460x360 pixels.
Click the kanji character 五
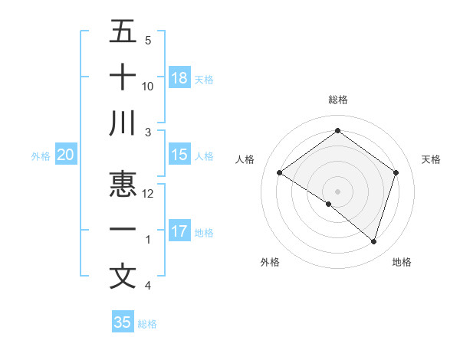coord(123,31)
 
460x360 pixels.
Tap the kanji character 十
coord(123,77)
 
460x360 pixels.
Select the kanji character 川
coord(123,123)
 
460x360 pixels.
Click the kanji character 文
coord(123,276)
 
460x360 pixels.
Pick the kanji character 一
coord(123,231)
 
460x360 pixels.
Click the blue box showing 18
coord(179,78)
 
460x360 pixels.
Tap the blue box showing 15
coord(179,155)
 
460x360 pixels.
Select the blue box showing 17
coord(179,231)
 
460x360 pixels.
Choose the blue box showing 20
coord(65,155)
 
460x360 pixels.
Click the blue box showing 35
coord(123,322)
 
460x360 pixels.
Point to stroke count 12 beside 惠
coord(148,194)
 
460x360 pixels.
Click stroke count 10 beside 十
coord(148,87)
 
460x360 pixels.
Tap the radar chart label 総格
coord(337,100)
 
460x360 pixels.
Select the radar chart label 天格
coord(431,159)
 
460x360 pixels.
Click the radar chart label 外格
coord(270,262)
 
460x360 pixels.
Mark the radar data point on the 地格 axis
coord(373,241)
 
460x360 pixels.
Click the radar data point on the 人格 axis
coord(280,173)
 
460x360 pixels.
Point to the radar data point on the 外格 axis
coord(329,204)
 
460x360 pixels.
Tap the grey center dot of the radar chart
coord(337,191)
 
